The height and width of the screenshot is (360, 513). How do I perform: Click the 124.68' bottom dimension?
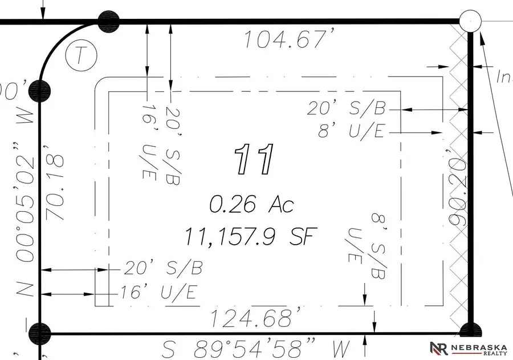point(256,317)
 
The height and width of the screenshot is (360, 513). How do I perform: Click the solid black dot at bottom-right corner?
point(469,332)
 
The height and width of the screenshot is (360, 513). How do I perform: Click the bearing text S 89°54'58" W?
point(256,347)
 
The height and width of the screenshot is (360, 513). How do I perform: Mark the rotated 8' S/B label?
point(378,246)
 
